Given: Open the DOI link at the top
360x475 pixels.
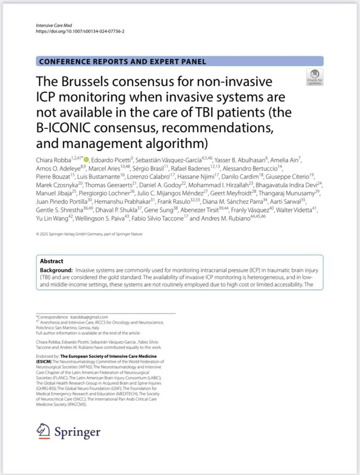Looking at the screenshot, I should (80, 31).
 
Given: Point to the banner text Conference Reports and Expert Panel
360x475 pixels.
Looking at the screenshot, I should (123, 61).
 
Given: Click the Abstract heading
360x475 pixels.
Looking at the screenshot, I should (52, 261).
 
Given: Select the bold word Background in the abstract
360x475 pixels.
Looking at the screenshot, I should (56, 270).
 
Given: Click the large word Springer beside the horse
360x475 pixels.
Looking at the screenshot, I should (76, 431).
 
